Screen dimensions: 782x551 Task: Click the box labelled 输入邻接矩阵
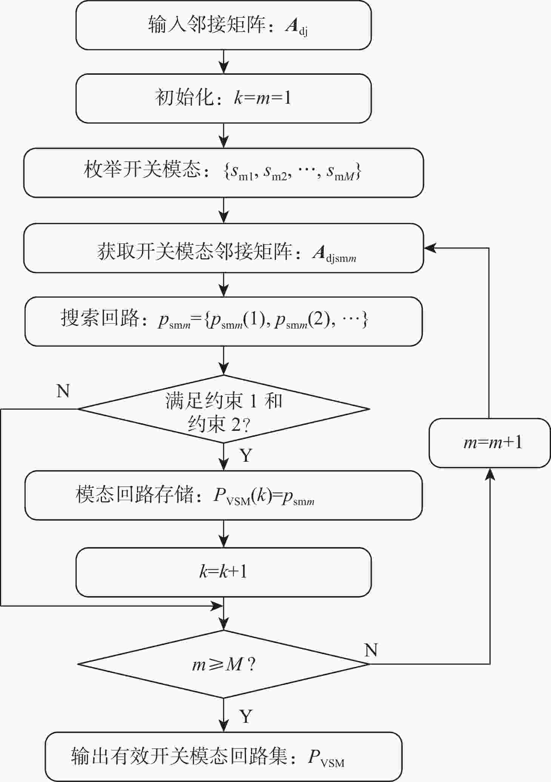click(223, 25)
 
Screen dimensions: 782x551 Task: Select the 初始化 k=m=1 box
click(223, 98)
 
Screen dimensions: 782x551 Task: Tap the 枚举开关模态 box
click(223, 172)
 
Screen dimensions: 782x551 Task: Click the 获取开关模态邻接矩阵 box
click(223, 248)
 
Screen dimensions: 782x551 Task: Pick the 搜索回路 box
click(223, 321)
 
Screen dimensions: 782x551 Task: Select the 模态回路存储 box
click(223, 495)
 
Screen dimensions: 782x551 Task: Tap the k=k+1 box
click(223, 572)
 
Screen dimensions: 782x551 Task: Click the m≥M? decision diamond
click(223, 664)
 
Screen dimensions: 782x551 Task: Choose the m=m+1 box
click(489, 443)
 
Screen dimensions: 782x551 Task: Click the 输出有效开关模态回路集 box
click(223, 757)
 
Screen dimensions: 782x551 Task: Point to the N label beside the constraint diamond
click(63, 391)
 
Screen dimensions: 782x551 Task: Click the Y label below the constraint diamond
click(246, 455)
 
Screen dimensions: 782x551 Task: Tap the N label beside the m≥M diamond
click(371, 650)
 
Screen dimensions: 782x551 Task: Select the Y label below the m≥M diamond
click(246, 716)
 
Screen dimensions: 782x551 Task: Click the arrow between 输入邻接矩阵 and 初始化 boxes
click(224, 61)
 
